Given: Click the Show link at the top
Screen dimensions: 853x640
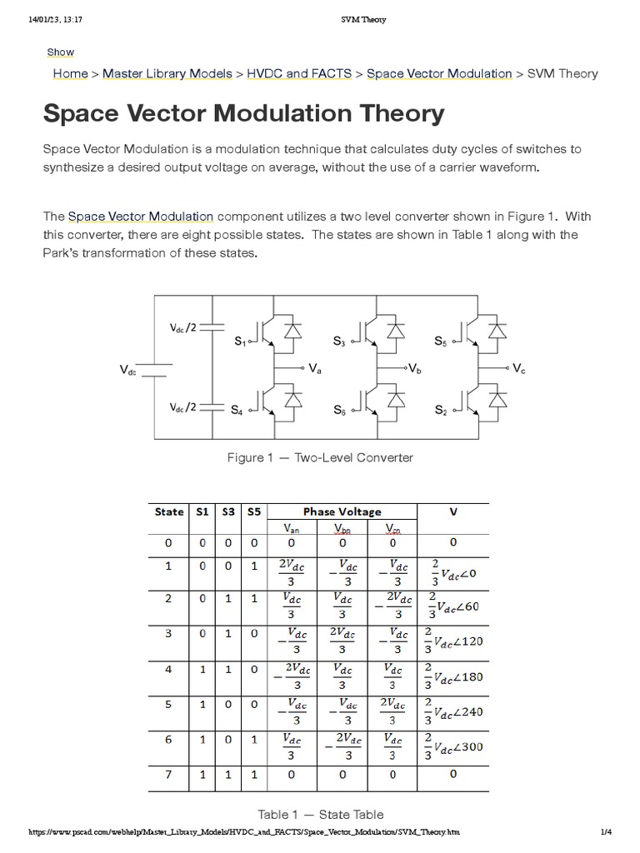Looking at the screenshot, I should (60, 52).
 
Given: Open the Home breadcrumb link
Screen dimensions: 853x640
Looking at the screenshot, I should (70, 73).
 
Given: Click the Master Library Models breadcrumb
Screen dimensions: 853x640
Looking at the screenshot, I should (167, 73).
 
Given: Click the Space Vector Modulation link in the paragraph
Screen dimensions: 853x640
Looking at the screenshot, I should (141, 217).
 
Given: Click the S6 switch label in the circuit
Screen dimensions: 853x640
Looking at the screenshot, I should (339, 410).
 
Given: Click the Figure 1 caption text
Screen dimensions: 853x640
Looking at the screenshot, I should (320, 457).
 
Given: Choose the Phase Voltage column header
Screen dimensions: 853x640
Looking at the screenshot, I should (342, 511).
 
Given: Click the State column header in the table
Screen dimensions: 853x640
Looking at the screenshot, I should (169, 511).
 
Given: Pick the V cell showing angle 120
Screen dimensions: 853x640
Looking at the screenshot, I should (453, 642).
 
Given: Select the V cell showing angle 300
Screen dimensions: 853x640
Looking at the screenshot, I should (453, 747).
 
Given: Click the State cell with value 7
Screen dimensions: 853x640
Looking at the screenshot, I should (169, 775).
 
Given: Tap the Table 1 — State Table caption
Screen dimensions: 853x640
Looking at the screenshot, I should (321, 814).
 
